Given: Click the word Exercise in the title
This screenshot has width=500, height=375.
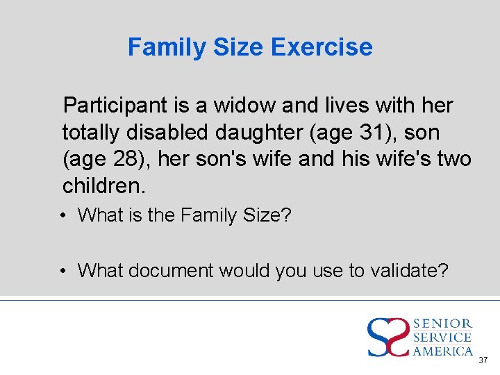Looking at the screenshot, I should [x=322, y=47].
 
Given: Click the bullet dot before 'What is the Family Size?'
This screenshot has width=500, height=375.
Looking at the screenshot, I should [x=63, y=216].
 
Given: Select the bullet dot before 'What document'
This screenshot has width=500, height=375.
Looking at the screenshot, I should [x=63, y=270].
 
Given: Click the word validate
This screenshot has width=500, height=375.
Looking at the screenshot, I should [x=409, y=270].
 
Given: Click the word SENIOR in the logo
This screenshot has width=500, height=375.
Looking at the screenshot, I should [x=442, y=324].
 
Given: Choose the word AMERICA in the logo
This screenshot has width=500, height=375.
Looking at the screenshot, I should [x=442, y=351].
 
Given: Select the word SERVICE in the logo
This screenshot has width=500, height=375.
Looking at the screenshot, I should [x=442, y=337].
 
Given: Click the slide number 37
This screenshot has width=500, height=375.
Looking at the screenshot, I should [x=483, y=360].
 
